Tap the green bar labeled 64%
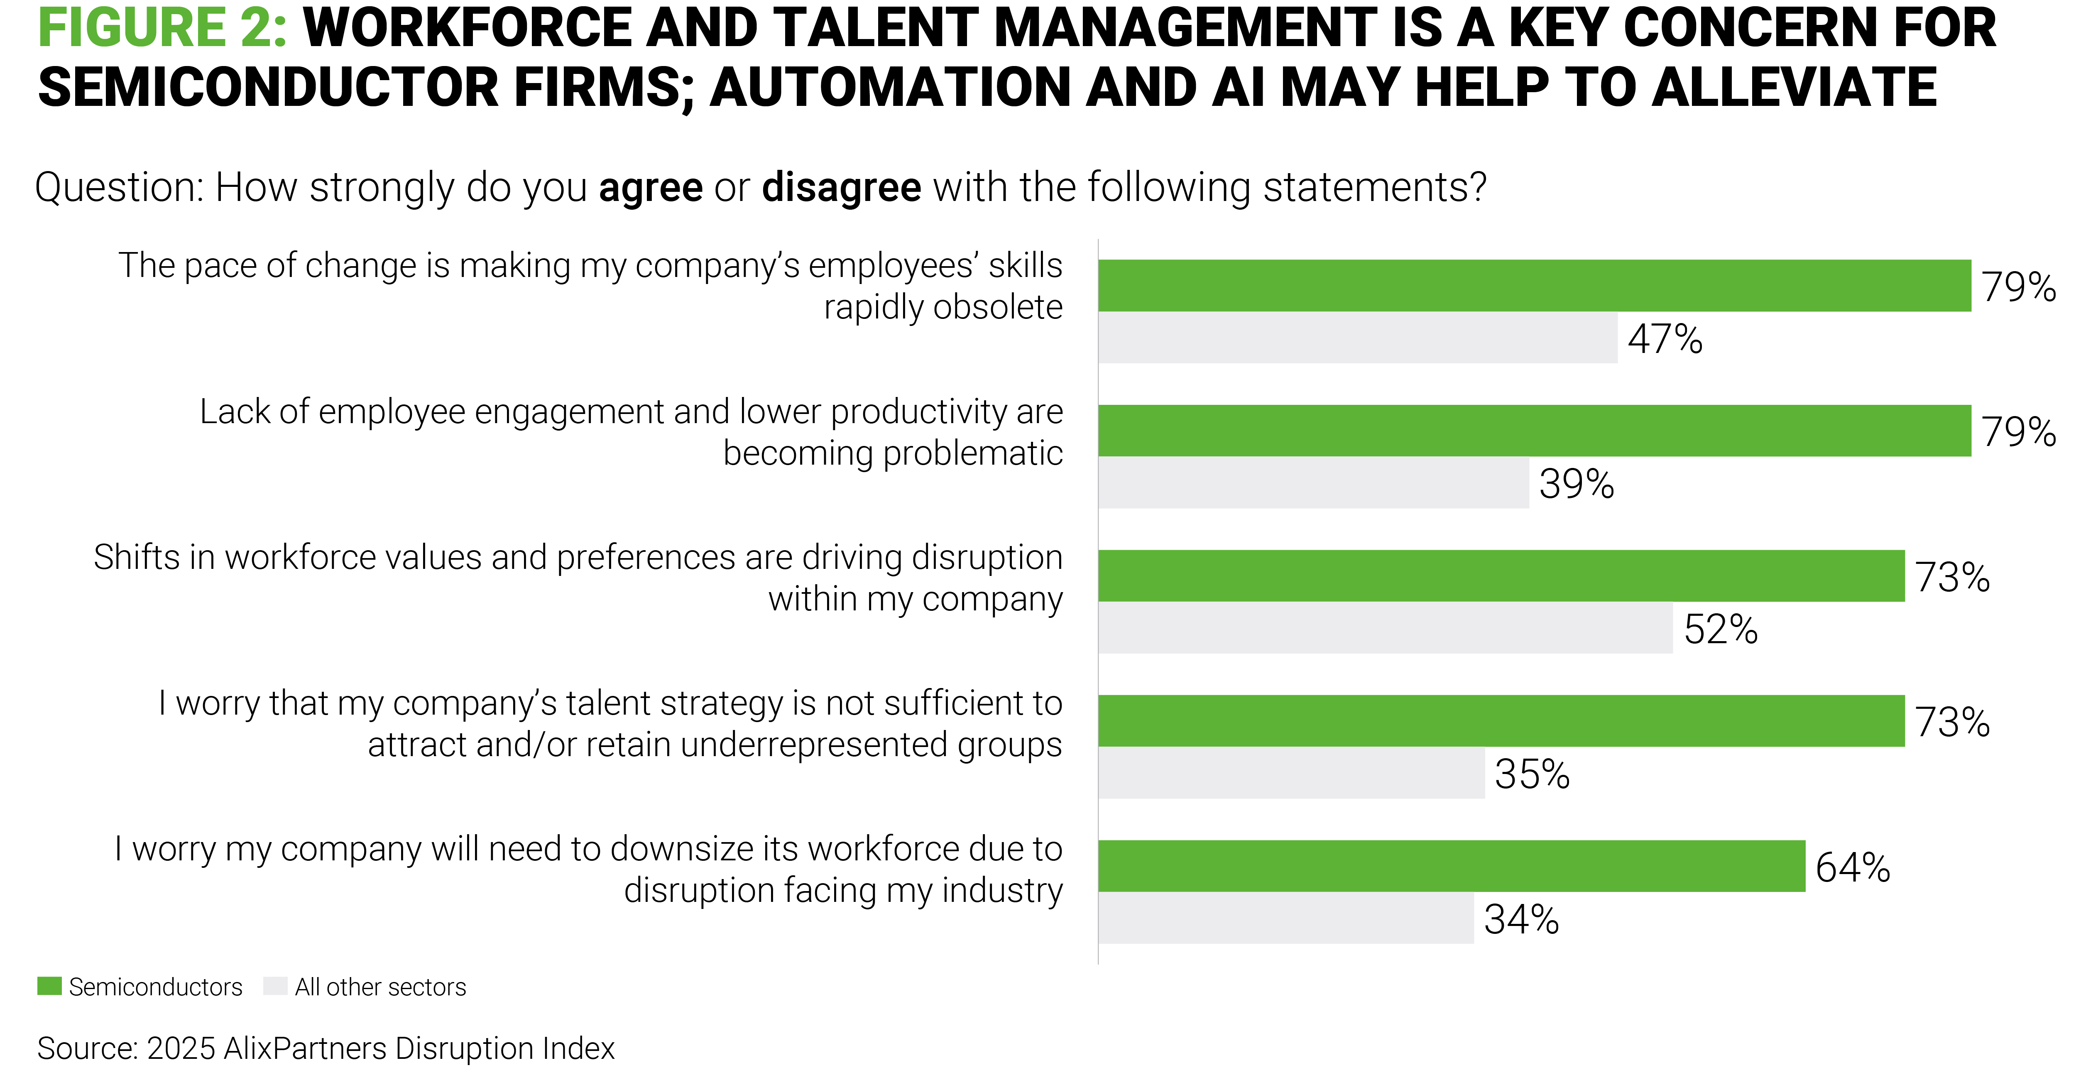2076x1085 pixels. (x=1451, y=866)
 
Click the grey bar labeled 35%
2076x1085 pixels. (x=1291, y=773)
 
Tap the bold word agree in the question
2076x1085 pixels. (x=650, y=188)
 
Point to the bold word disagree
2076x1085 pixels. (x=841, y=188)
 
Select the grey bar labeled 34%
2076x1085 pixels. (x=1285, y=918)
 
